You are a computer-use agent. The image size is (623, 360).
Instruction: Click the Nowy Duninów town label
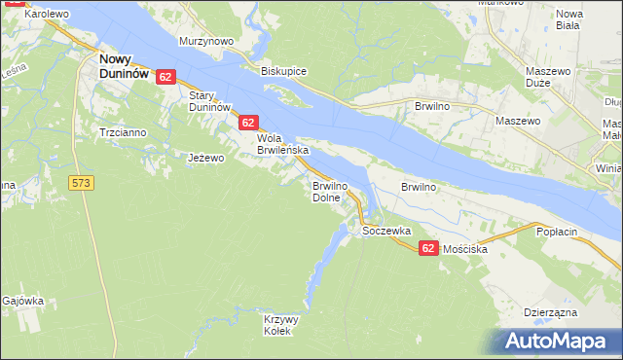click(123, 65)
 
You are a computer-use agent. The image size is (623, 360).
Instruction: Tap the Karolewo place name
click(46, 15)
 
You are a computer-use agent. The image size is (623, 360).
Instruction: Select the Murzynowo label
click(206, 42)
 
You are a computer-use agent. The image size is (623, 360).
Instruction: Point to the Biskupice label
click(284, 72)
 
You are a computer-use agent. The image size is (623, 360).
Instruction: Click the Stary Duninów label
click(208, 101)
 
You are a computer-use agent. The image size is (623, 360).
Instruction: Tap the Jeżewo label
click(206, 157)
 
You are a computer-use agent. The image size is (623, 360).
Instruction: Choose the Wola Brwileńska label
click(282, 145)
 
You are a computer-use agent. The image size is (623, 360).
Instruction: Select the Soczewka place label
click(386, 232)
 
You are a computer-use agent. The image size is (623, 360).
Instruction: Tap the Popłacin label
click(557, 233)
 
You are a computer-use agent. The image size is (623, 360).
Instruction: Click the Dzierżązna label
click(551, 311)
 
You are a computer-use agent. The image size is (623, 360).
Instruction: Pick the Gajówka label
click(23, 301)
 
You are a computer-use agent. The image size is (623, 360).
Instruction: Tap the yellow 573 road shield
click(82, 182)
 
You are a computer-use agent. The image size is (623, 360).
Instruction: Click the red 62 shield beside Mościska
click(428, 249)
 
